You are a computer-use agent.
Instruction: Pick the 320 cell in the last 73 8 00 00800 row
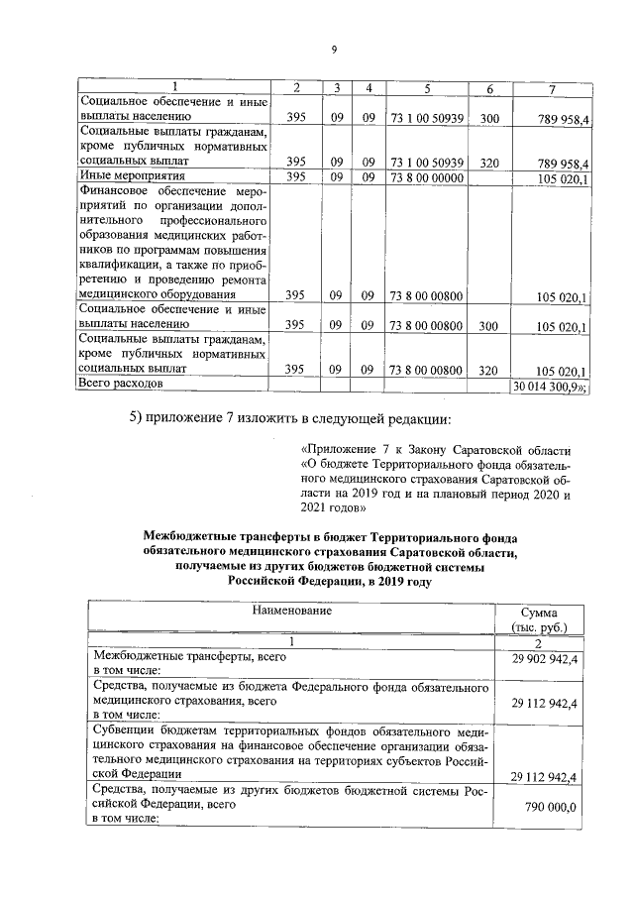pos(488,370)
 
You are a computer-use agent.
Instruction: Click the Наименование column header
pos(291,611)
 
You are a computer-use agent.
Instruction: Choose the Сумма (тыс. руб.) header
pos(542,619)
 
